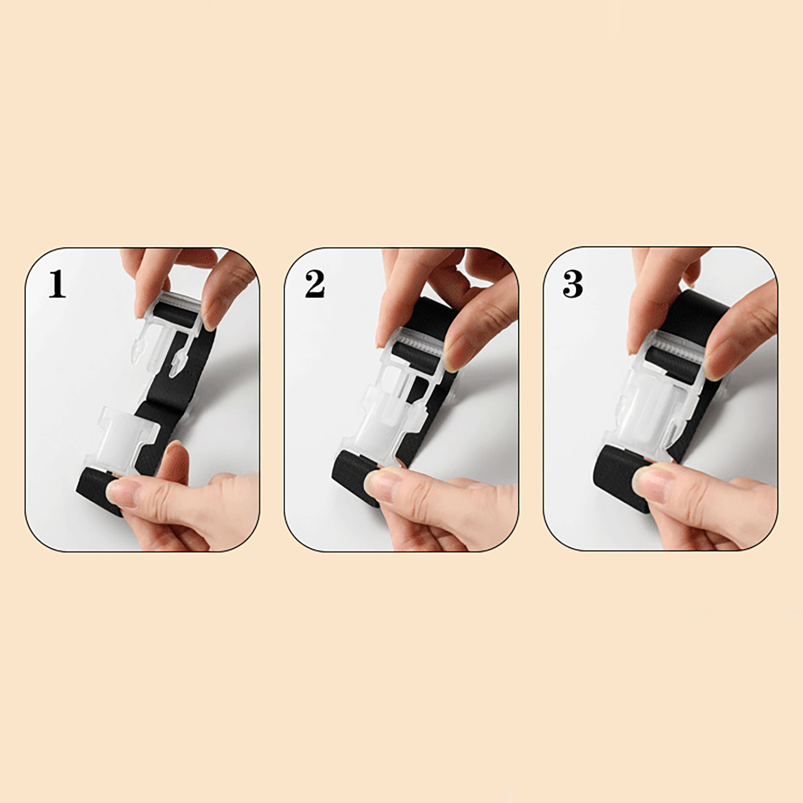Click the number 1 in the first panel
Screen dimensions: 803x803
click(x=57, y=285)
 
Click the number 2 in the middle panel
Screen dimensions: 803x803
click(x=315, y=285)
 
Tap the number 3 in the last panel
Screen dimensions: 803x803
click(x=573, y=285)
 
